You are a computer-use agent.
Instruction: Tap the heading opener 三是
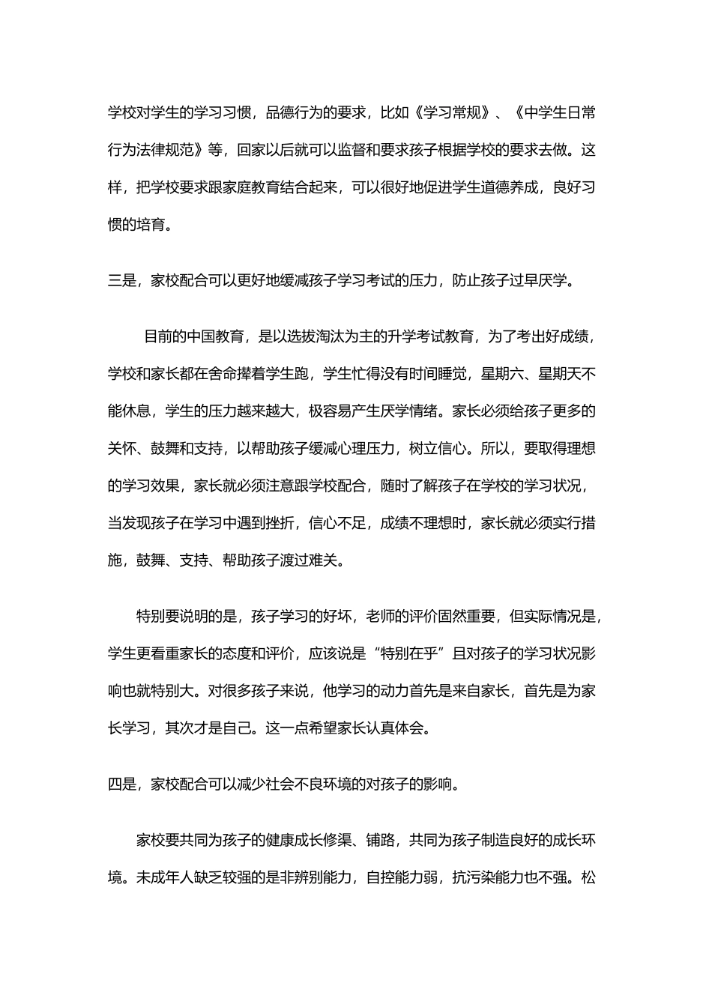tap(121, 281)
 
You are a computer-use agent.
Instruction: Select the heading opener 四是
tap(121, 784)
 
